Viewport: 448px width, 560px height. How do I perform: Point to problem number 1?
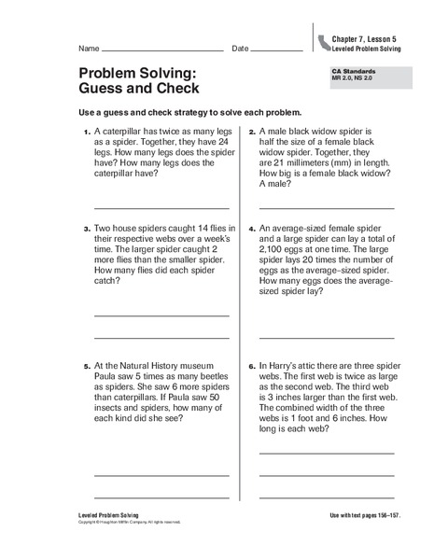click(x=86, y=133)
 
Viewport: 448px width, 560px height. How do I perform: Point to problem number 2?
click(x=251, y=133)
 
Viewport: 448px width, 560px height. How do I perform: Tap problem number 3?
click(x=86, y=228)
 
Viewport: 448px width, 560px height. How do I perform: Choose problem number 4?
click(x=251, y=228)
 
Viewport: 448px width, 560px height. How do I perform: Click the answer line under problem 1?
click(x=162, y=206)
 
